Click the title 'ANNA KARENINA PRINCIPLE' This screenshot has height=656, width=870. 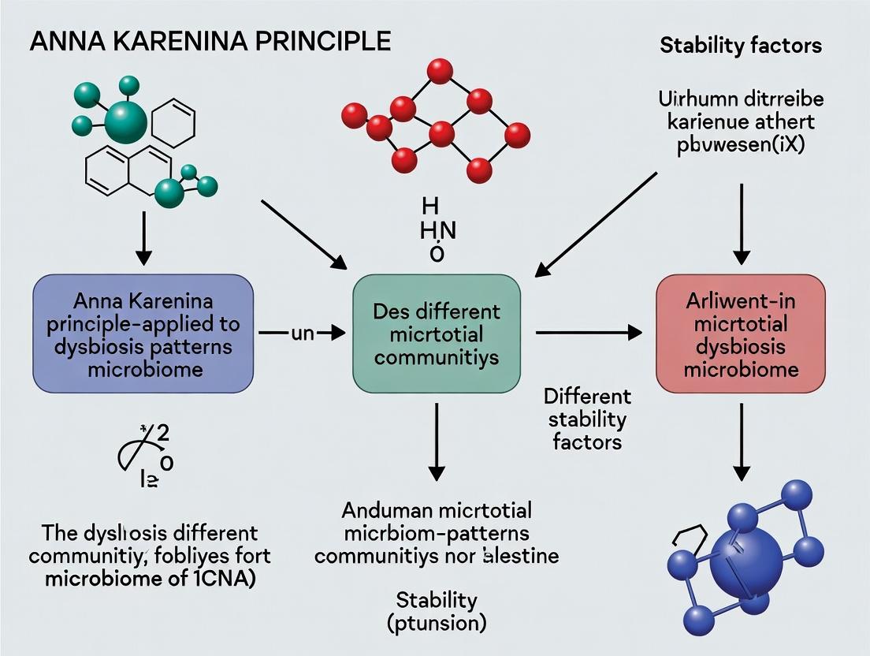210,41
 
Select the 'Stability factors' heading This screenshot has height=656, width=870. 740,45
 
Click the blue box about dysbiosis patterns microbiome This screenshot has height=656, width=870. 143,334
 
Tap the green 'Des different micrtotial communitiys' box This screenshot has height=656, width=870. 437,334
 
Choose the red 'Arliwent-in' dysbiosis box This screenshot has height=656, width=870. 740,334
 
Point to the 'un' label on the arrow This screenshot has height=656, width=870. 303,334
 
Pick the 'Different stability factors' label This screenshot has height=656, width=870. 587,418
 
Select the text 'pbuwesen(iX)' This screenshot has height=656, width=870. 740,146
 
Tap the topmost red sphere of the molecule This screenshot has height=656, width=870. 438,72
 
